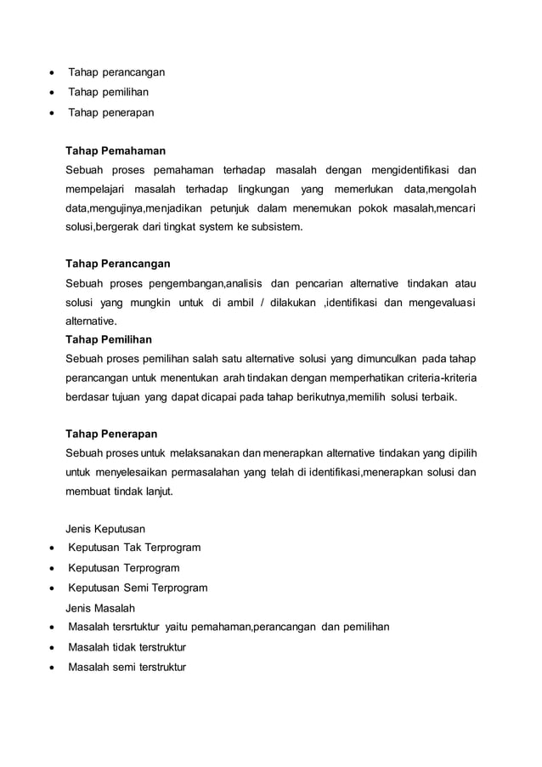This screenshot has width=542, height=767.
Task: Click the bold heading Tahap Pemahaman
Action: click(116, 151)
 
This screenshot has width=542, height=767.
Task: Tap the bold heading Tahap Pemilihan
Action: click(109, 338)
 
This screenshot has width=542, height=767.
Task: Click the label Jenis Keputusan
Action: click(104, 528)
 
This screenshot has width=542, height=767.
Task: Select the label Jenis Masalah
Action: click(100, 608)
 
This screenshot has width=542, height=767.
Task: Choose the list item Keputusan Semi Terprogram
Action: click(137, 588)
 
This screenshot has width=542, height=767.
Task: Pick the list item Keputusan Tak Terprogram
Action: click(133, 548)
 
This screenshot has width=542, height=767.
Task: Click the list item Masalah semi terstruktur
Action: click(127, 668)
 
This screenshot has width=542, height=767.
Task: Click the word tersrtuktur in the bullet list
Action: click(134, 628)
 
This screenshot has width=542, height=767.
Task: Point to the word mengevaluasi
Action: click(442, 302)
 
